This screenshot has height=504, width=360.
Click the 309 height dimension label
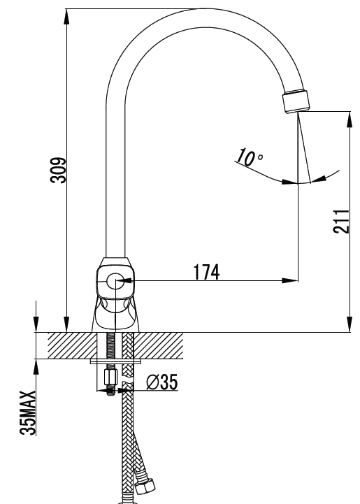pyautogui.click(x=59, y=171)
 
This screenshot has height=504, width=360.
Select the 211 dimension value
pyautogui.click(x=341, y=222)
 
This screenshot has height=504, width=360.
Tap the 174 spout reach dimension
pyautogui.click(x=206, y=272)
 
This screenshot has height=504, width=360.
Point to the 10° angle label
pyautogui.click(x=250, y=157)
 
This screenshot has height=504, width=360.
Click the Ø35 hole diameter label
pyautogui.click(x=162, y=382)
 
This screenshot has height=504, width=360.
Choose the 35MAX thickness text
pyautogui.click(x=28, y=413)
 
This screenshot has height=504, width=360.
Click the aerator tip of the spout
pyautogui.click(x=296, y=101)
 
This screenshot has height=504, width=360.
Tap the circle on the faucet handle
pyautogui.click(x=115, y=281)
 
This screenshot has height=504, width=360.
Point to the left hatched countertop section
pyautogui.click(x=73, y=345)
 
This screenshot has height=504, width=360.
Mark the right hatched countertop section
pyautogui.click(x=159, y=345)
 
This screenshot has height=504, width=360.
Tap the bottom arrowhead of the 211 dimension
pyautogui.click(x=350, y=324)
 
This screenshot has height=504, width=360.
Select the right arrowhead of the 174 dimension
pyautogui.click(x=290, y=280)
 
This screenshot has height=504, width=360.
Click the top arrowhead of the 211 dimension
pyautogui.click(x=350, y=120)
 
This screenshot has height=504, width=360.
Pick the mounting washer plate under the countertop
pyautogui.click(x=116, y=361)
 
